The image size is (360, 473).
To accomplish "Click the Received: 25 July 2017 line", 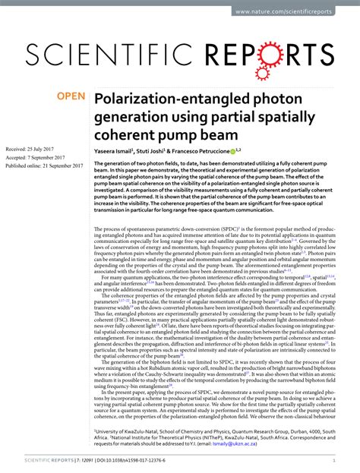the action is [x=37, y=150].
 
